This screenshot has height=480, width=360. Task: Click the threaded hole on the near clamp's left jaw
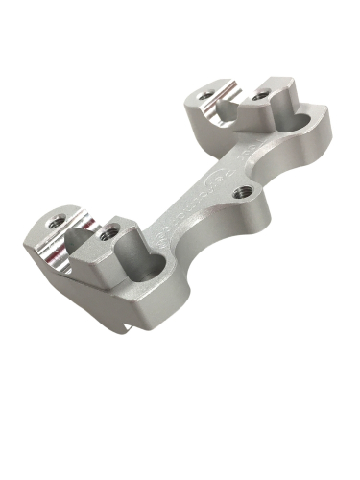[57, 221]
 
